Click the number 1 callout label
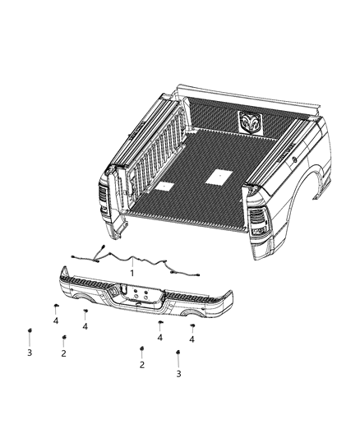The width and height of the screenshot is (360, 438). pos(132,272)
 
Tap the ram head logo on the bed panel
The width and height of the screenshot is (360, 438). pos(252,121)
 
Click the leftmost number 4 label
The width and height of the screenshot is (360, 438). pos(56,321)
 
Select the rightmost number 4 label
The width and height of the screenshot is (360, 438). pos(192,338)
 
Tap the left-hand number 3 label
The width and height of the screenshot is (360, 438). pos(29,353)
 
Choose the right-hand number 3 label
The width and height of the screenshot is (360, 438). pos(178,374)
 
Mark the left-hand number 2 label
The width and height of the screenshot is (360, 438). pos(62,353)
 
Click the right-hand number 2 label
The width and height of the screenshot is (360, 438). pos(141,364)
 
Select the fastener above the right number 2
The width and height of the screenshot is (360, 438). pos(141,348)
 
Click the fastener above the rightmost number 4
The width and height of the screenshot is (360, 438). pos(192,326)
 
